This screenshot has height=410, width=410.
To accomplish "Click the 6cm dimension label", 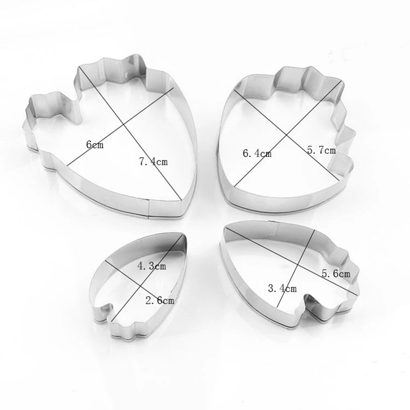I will click(95, 144).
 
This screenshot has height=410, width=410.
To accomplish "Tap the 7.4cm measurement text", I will click(153, 161).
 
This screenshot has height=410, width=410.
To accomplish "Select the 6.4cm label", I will click(257, 153).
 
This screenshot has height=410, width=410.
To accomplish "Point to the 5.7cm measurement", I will click(321, 150).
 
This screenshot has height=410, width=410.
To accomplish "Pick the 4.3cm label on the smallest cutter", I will click(151, 266).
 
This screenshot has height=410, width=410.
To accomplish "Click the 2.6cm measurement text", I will click(159, 301).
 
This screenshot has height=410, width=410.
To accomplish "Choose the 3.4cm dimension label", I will click(282, 288).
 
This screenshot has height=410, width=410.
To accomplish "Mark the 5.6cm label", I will click(336, 273).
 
